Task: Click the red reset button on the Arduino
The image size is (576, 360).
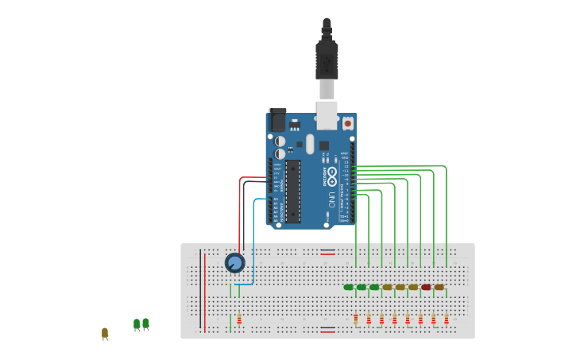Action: [x=347, y=124]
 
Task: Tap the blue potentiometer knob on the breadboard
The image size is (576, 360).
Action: [x=234, y=262]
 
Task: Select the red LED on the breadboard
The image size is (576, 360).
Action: [x=426, y=287]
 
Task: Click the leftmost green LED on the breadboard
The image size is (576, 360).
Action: [x=348, y=287]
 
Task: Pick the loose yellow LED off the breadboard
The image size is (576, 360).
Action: [x=104, y=332]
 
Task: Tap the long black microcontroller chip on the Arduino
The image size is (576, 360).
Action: [x=293, y=192]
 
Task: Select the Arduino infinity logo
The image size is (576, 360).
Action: [x=332, y=176]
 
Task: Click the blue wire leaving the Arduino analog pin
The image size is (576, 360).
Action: [x=254, y=238]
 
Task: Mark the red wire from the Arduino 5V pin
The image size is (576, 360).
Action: [x=240, y=215]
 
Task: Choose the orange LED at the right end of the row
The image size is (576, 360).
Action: [x=439, y=287]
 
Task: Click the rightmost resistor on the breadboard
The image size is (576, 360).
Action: [x=446, y=319]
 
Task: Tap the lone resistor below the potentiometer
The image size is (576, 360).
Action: [x=238, y=319]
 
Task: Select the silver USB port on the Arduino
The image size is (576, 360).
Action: [x=327, y=114]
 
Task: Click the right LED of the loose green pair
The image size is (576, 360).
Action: [x=145, y=323]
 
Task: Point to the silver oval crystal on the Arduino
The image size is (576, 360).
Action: [x=310, y=145]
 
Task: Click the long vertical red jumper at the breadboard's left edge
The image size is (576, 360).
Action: [x=206, y=290]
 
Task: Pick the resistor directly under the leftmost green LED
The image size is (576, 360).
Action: [x=355, y=319]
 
